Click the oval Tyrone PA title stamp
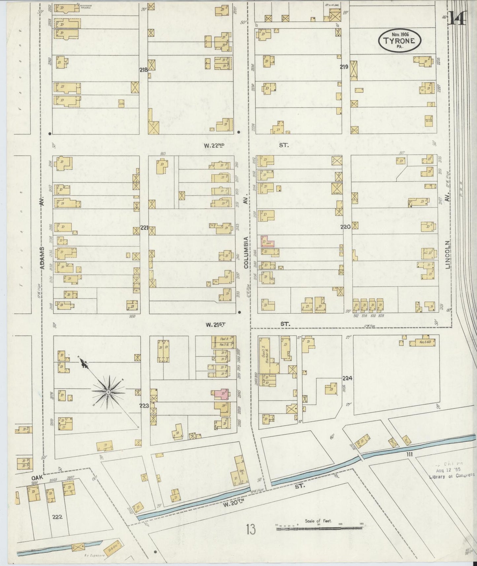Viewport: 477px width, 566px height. coord(399,40)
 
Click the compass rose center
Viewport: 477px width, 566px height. coord(108,392)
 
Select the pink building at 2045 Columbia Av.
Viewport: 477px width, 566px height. coord(221,394)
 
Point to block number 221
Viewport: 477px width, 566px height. coord(144,228)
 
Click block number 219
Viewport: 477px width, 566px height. coord(344,67)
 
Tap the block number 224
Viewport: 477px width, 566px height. coord(347,378)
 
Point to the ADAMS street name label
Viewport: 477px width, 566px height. coord(42,253)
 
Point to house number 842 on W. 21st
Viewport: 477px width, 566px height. coord(356,316)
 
